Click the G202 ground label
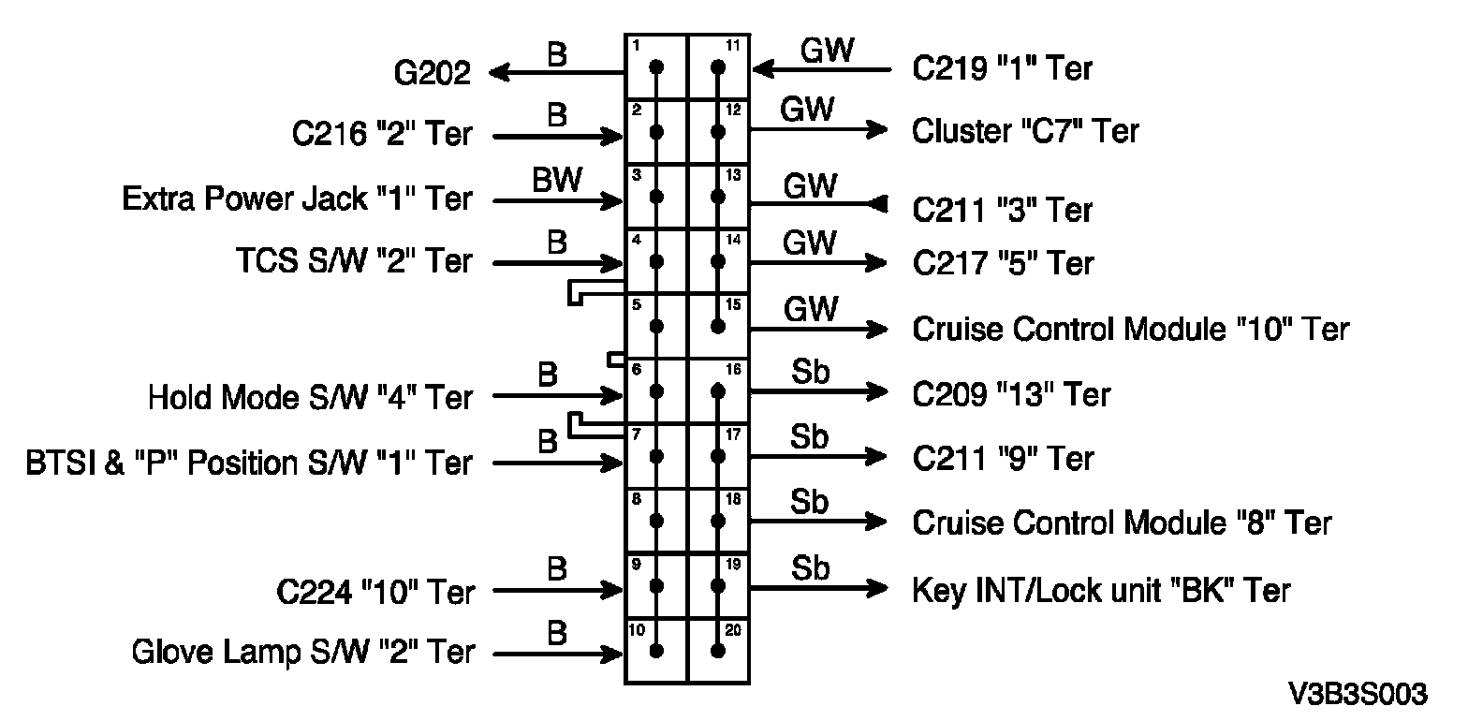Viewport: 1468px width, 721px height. click(432, 72)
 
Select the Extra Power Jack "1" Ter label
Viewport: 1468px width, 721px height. click(297, 199)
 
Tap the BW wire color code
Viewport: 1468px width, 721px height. click(556, 181)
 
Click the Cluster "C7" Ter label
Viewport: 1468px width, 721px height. click(1025, 130)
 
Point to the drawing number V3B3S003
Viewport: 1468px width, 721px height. click(1358, 694)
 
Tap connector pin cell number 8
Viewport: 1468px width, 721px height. click(656, 521)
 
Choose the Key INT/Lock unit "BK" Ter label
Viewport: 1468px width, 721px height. click(1101, 590)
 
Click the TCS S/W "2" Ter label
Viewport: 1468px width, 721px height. click(353, 261)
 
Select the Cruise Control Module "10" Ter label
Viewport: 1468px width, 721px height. click(1130, 329)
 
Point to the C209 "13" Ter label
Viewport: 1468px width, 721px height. click(1011, 394)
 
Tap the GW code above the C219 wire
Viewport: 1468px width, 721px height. click(828, 50)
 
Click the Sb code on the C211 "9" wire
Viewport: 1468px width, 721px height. click(810, 437)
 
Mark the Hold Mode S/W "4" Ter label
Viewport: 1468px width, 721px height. click(310, 398)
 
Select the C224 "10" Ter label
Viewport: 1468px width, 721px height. click(375, 592)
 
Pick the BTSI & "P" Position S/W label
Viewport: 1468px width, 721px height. click(249, 463)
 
